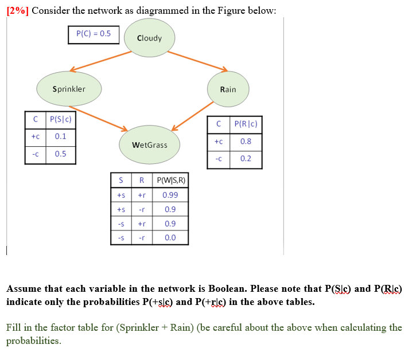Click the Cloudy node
[150, 38]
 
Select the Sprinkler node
[69, 89]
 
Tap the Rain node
[228, 89]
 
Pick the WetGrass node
[149, 145]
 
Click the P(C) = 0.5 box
[94, 34]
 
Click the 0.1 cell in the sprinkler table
[60, 136]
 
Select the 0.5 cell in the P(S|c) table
[60, 154]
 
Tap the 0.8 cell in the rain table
[246, 141]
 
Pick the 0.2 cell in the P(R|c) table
[246, 158]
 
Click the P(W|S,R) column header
[170, 181]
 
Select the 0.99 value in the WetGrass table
[170, 195]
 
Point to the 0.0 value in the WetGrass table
[170, 237]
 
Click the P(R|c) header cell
[246, 124]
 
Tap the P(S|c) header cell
[60, 119]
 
